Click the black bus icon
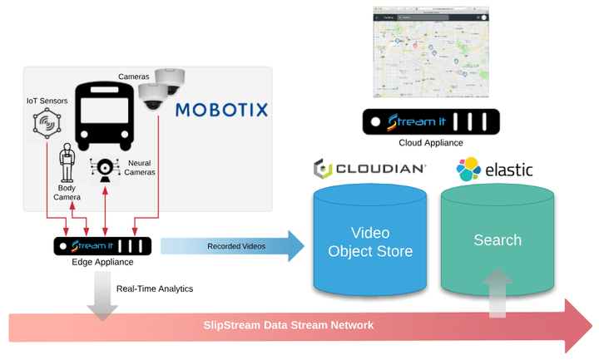(x=104, y=116)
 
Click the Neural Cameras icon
(x=106, y=170)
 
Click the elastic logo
(x=494, y=170)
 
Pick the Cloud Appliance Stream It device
(x=431, y=121)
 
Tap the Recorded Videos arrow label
(x=237, y=246)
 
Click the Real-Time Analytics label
(x=155, y=288)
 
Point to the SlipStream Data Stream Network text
(x=289, y=325)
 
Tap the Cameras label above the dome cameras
(x=133, y=76)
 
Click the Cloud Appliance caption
(x=431, y=142)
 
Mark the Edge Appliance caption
(x=102, y=262)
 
